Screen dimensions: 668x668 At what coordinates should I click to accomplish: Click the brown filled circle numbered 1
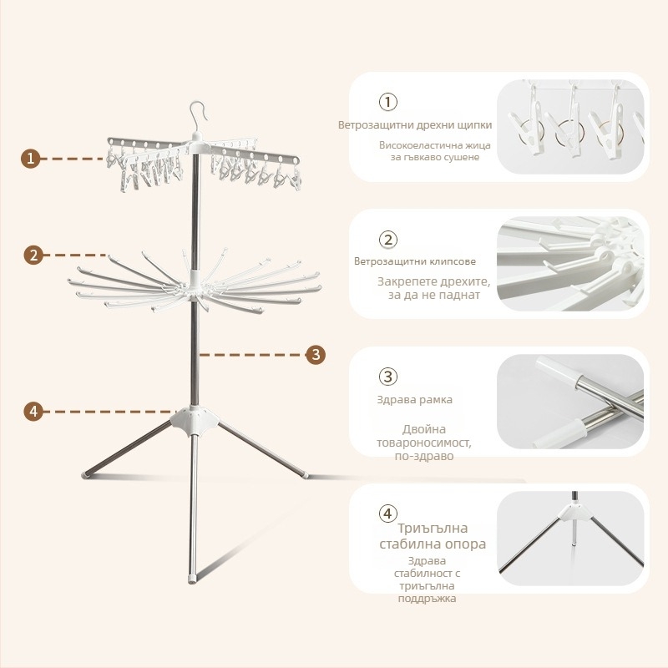[30, 159]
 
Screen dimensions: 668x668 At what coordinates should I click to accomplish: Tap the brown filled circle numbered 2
[33, 256]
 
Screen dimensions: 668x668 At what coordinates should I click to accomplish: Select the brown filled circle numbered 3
[316, 354]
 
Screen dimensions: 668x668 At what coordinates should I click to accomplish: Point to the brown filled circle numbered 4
[33, 412]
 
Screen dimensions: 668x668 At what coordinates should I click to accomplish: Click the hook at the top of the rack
[198, 115]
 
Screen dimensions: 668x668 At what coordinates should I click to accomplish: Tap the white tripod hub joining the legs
[195, 421]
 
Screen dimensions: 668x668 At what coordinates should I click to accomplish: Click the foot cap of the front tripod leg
[193, 579]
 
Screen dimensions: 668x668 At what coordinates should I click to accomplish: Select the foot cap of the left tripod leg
[86, 474]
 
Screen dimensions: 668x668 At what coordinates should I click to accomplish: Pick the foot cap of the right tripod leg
[304, 473]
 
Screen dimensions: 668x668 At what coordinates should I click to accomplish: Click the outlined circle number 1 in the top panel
[388, 102]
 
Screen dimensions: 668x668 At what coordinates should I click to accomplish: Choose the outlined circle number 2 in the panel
[388, 240]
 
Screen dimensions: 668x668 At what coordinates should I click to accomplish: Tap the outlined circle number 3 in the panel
[388, 377]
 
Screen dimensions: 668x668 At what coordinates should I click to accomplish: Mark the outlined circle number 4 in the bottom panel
[388, 514]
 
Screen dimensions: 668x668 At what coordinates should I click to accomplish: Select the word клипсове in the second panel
[448, 261]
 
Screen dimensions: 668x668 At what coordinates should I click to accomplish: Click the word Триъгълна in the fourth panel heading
[433, 529]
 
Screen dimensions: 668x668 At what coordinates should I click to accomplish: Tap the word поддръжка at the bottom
[427, 599]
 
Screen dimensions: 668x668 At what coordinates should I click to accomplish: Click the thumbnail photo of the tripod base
[570, 538]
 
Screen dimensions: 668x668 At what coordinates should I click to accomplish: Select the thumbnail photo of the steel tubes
[570, 402]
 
